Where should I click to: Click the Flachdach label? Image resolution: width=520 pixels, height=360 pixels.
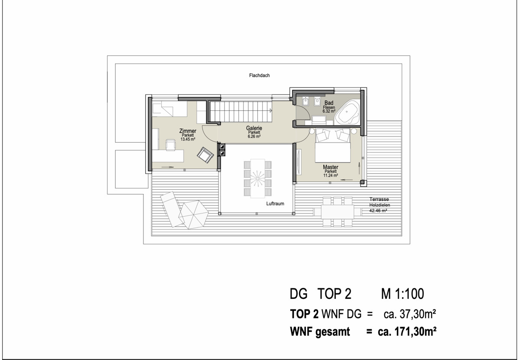pos(259,75)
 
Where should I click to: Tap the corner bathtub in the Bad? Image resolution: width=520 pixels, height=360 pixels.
pos(348,112)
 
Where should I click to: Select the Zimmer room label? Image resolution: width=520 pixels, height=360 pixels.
pos(188,131)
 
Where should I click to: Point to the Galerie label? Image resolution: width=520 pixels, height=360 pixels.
pos(254,128)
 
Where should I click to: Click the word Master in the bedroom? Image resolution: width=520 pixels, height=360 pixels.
pos(331,167)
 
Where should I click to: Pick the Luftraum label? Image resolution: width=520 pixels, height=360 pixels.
pos(275,204)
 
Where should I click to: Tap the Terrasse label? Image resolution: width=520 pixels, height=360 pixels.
pos(379,199)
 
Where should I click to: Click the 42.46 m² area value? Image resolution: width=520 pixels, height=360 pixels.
pos(378,211)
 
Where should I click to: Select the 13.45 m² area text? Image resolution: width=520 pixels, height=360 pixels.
pos(188,139)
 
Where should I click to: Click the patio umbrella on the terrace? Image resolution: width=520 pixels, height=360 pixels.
pos(193,215)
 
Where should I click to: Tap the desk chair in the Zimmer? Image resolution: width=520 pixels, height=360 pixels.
pos(170,145)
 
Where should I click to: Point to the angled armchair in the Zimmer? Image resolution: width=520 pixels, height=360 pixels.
pos(205,155)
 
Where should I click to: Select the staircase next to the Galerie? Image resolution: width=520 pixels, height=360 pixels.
pos(241,112)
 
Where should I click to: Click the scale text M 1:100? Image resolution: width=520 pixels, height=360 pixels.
pos(403,294)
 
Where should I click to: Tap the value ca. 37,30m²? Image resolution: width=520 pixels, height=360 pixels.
pos(410,314)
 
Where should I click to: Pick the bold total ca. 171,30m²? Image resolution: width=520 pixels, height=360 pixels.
pos(407,331)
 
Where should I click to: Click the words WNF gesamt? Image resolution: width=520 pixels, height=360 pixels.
pos(320,332)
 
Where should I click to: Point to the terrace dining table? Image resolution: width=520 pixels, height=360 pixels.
pos(338,212)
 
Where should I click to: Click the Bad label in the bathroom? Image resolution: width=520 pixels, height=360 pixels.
pos(329,103)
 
